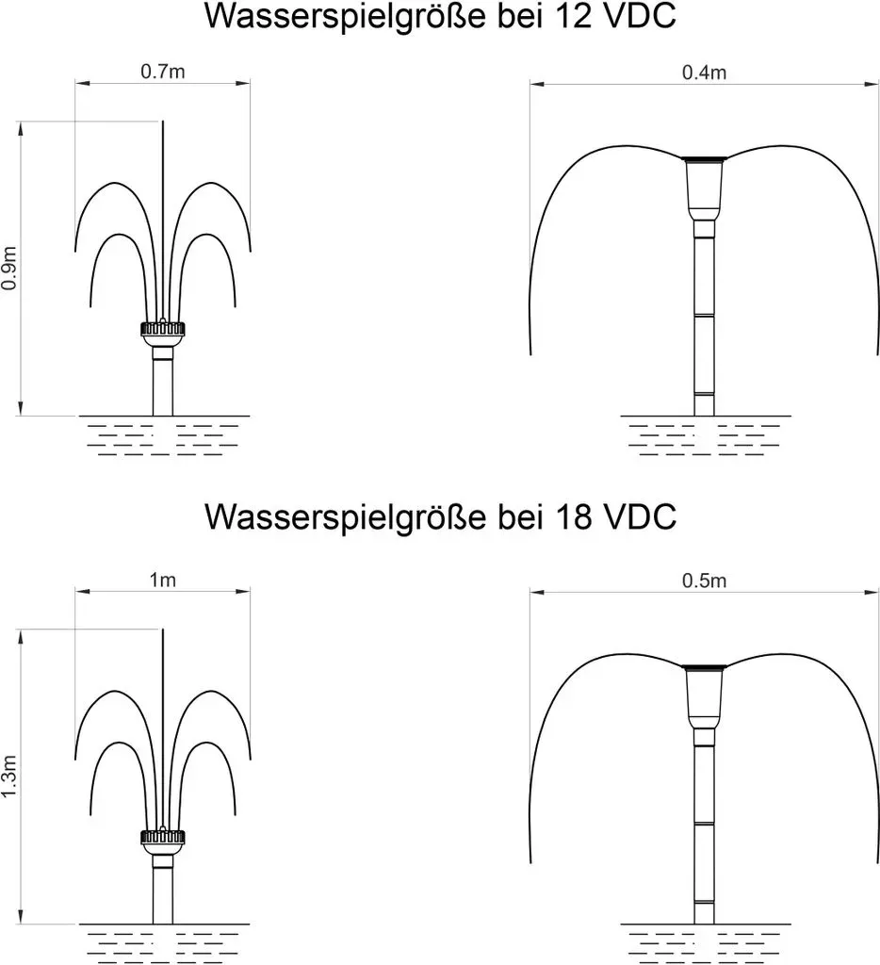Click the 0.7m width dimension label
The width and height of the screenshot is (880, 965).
point(162,72)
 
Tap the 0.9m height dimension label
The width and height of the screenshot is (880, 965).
point(9,269)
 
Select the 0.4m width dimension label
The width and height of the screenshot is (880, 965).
point(704,73)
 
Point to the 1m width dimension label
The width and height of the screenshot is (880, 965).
point(162,580)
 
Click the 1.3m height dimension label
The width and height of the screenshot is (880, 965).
point(9,777)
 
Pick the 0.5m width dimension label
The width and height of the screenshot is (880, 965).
point(704,581)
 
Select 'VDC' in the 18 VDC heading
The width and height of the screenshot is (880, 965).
point(640,516)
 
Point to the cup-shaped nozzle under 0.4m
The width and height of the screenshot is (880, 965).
point(705,188)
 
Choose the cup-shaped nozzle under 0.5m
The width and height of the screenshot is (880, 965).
point(705,696)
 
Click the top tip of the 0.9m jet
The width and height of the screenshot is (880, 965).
point(163,122)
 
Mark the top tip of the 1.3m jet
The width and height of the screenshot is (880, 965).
point(163,630)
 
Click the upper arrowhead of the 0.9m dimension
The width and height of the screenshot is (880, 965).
point(21,128)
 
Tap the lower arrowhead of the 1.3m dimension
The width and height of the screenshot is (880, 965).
point(21,917)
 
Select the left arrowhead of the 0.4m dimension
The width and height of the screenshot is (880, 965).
point(537,84)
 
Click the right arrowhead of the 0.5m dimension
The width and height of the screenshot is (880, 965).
point(872,593)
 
